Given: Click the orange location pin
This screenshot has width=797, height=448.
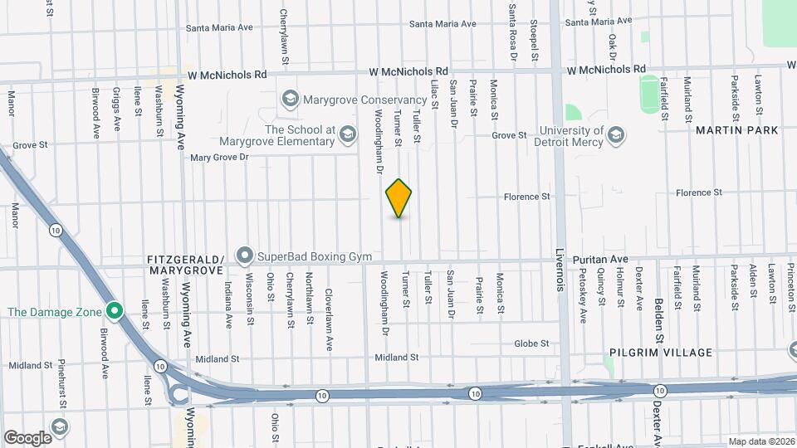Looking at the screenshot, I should pyautogui.click(x=398, y=198).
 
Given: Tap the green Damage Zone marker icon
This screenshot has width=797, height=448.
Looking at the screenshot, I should pyautogui.click(x=115, y=312).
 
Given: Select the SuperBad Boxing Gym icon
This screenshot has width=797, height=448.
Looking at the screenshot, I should pyautogui.click(x=245, y=256).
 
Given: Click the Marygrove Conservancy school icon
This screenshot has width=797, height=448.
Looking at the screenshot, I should pyautogui.click(x=290, y=100).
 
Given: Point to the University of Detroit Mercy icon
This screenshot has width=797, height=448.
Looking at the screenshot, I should pyautogui.click(x=615, y=135).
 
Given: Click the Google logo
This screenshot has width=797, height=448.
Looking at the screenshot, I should pyautogui.click(x=27, y=437).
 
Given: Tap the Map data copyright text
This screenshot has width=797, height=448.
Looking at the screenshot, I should pyautogui.click(x=761, y=441).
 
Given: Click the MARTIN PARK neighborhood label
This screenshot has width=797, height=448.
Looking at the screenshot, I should pyautogui.click(x=737, y=130).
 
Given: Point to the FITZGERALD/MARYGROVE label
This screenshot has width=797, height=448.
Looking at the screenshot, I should pyautogui.click(x=185, y=265).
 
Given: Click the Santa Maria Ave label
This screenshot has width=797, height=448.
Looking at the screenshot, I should pyautogui.click(x=219, y=27).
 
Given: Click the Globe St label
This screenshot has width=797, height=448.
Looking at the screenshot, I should pyautogui.click(x=531, y=343).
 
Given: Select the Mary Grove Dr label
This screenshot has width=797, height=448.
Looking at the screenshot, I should pyautogui.click(x=219, y=157).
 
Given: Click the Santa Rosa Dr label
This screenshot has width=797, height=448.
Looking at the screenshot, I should pyautogui.click(x=512, y=32).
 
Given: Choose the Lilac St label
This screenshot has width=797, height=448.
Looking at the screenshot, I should pyautogui.click(x=434, y=93).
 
